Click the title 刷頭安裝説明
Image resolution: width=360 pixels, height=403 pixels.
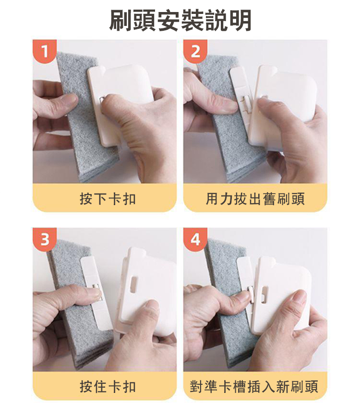(180, 21)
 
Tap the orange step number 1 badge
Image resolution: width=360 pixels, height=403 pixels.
(45, 51)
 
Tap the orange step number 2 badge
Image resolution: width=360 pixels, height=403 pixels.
(195, 51)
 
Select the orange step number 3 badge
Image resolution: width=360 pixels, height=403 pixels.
(45, 239)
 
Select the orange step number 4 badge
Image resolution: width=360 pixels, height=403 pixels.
(195, 239)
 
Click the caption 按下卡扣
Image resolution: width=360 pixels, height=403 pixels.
(108, 198)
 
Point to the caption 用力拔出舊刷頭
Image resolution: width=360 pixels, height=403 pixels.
(255, 198)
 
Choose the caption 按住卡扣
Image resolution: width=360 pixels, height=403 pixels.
(108, 386)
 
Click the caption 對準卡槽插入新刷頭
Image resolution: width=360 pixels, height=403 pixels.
(254, 386)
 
